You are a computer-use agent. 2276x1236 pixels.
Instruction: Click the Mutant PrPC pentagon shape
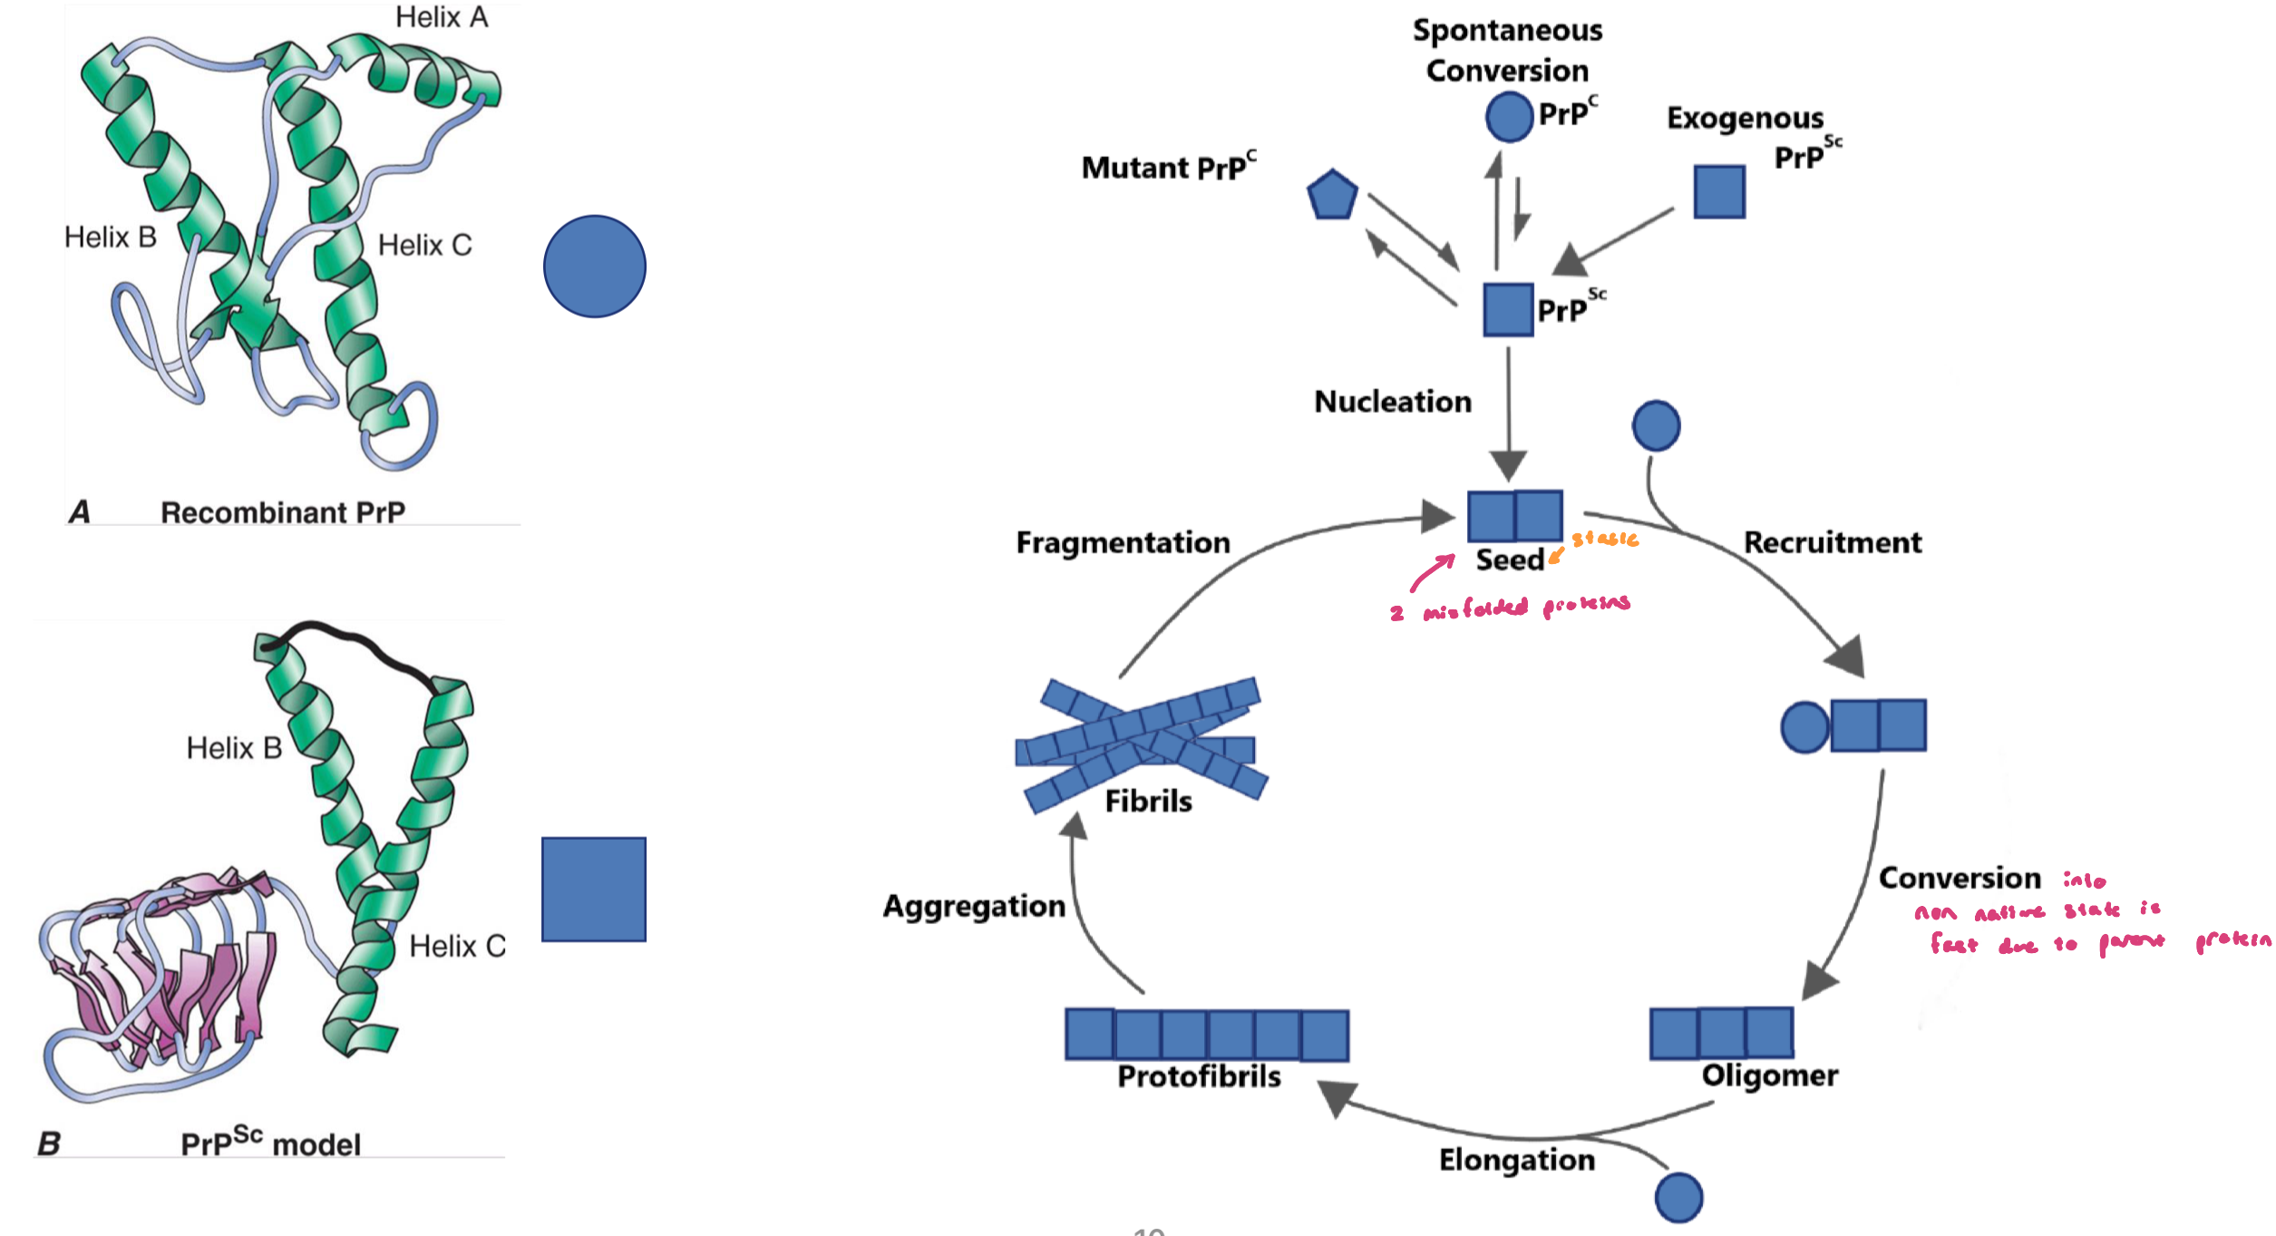click(1331, 195)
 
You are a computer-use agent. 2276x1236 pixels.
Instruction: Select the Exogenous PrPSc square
click(1719, 191)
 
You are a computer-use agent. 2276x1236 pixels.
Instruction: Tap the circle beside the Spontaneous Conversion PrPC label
click(1509, 116)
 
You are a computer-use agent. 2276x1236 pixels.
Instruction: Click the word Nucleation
click(1393, 402)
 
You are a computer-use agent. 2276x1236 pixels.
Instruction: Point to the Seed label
click(1509, 560)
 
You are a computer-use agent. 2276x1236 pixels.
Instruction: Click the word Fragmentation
click(1123, 542)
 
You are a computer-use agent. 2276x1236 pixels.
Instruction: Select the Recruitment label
click(1832, 542)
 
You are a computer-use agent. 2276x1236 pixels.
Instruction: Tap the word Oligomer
click(1769, 1075)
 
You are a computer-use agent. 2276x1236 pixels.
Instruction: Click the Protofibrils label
click(1199, 1076)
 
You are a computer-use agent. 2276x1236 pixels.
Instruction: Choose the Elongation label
click(1516, 1160)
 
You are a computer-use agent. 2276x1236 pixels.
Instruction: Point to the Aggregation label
click(974, 906)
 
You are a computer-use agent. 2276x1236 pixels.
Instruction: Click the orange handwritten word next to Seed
click(1605, 539)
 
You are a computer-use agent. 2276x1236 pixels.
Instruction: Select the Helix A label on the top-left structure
click(442, 17)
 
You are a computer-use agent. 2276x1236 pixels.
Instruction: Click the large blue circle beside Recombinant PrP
click(595, 267)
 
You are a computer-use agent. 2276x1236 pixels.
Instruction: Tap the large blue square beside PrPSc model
click(594, 889)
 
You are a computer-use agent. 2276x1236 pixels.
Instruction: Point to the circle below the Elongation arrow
click(1678, 1197)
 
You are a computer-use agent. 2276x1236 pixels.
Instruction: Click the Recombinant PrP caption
click(283, 512)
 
